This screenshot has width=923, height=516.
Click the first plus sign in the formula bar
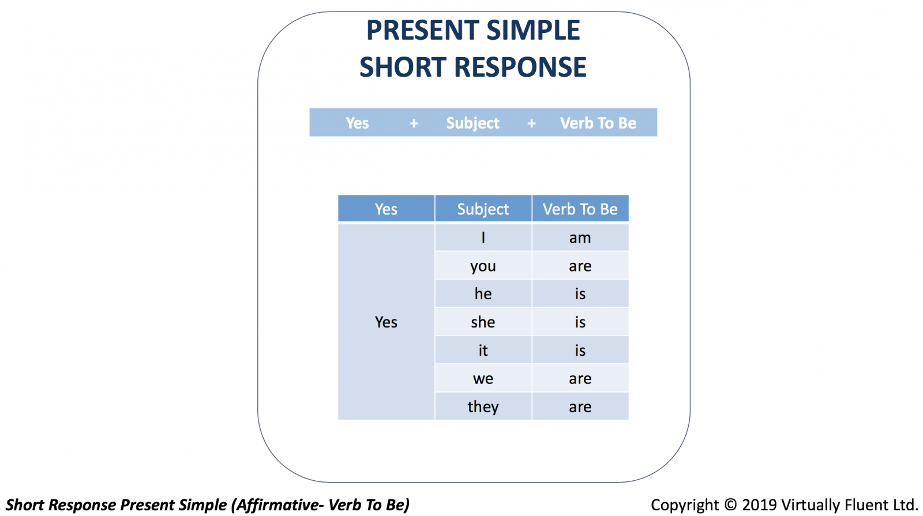click(x=414, y=123)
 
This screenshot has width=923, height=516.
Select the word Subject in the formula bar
click(x=472, y=123)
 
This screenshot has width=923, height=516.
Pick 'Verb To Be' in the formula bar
click(x=598, y=123)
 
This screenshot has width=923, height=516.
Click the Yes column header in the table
click(x=386, y=209)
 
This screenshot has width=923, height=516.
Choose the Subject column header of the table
click(x=483, y=209)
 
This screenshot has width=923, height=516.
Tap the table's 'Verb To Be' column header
click(x=580, y=209)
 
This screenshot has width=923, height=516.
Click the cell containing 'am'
click(x=580, y=238)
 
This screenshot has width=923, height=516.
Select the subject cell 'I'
click(x=483, y=238)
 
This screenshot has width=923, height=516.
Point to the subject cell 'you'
click(x=483, y=266)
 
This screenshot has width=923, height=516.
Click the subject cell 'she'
click(x=483, y=322)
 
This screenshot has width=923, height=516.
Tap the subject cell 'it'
click(x=483, y=350)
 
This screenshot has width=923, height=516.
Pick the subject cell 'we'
click(x=483, y=378)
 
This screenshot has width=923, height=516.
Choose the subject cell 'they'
click(x=483, y=406)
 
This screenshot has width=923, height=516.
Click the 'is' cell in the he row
click(x=580, y=293)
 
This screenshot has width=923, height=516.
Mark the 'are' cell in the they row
click(x=580, y=406)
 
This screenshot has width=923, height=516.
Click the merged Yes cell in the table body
click(x=386, y=322)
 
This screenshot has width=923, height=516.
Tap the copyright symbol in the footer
click(x=730, y=505)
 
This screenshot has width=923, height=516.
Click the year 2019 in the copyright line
click(x=759, y=505)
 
